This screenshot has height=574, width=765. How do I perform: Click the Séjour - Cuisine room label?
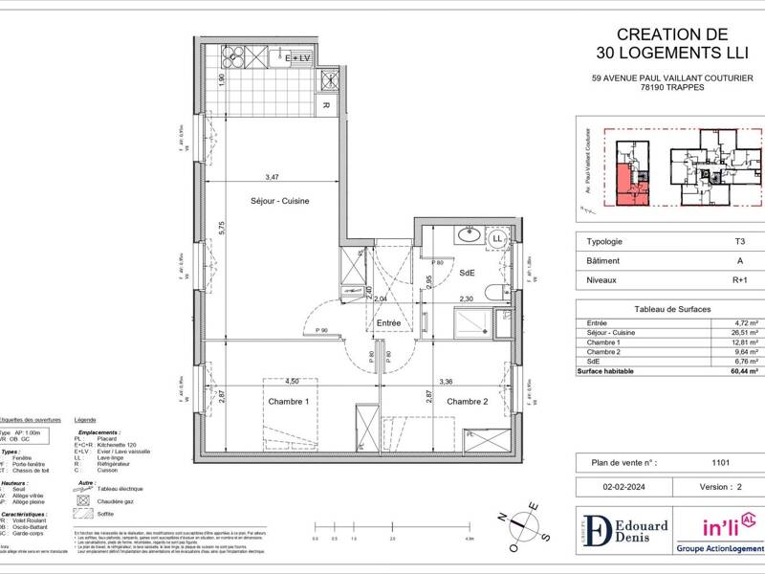click(279, 200)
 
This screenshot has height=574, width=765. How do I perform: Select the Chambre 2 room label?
click(468, 402)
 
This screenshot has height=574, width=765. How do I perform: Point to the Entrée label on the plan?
click(387, 324)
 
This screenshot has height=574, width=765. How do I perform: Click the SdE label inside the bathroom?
click(467, 274)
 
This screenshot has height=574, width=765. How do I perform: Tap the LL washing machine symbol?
click(497, 238)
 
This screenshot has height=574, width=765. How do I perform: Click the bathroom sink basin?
click(470, 235)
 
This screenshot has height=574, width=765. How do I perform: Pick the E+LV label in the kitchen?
click(300, 59)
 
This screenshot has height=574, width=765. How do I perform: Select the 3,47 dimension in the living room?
click(273, 177)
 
